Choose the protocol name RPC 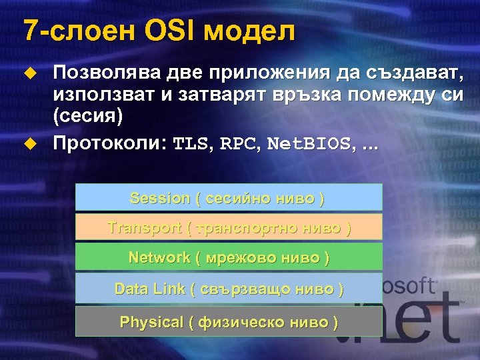pyautogui.click(x=238, y=143)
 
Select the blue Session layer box pyautogui.click(x=229, y=198)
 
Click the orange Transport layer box pyautogui.click(x=229, y=227)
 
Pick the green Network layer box pyautogui.click(x=229, y=257)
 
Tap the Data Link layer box pyautogui.click(x=229, y=289)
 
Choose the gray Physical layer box pyautogui.click(x=229, y=322)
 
